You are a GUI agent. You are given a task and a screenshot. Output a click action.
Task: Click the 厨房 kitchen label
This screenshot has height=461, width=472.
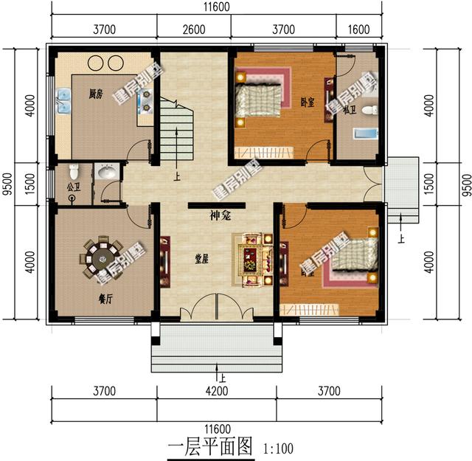(x=94, y=94)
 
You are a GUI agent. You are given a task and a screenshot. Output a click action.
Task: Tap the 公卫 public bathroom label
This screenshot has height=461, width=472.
(x=73, y=187)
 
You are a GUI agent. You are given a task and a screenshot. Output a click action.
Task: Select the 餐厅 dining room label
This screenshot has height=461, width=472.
(x=105, y=299)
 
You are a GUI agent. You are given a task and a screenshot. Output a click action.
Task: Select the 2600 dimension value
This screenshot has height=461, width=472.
(x=193, y=30)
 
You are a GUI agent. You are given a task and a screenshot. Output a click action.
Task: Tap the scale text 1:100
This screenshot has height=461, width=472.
(x=277, y=448)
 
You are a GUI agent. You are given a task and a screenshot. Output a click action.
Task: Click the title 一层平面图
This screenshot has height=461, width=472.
(x=210, y=446)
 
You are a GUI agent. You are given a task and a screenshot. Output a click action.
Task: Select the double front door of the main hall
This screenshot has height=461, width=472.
(x=215, y=306)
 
